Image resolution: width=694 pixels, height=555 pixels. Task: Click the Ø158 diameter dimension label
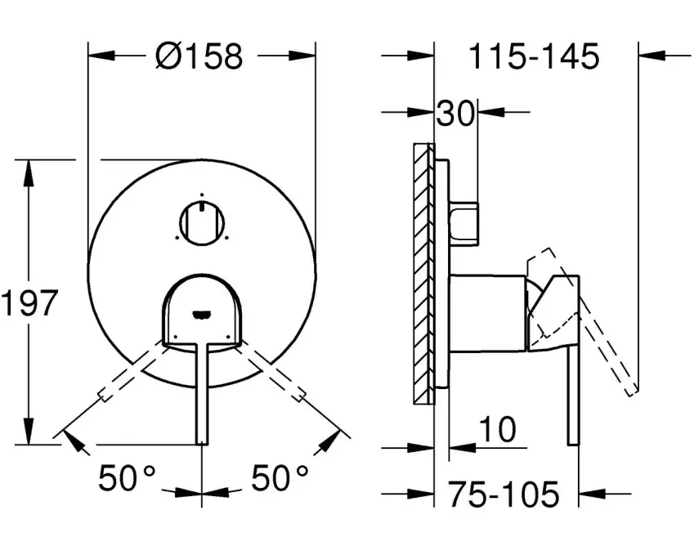tap(199, 56)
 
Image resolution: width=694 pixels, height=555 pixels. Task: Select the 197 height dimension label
tap(29, 302)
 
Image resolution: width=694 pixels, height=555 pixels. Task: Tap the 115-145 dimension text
tap(534, 56)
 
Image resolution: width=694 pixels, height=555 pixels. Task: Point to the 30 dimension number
tap(455, 113)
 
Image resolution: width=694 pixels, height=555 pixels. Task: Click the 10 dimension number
tap(498, 429)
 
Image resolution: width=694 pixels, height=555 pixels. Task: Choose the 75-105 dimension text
tap(504, 494)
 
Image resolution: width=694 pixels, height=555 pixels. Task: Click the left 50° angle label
tap(128, 477)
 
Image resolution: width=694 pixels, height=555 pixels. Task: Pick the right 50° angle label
tap(280, 477)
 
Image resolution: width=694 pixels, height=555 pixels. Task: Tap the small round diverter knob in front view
tap(202, 223)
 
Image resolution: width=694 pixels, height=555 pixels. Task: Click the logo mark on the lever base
tap(202, 314)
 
